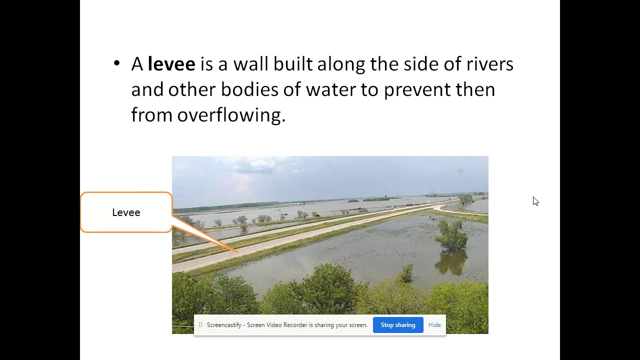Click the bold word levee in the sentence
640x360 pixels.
click(x=171, y=64)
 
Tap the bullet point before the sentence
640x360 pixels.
click(x=117, y=63)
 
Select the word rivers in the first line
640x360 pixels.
click(x=489, y=64)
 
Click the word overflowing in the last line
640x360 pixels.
click(x=231, y=115)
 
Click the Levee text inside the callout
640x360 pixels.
click(x=126, y=212)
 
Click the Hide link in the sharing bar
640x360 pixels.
click(x=434, y=325)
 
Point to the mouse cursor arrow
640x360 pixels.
click(x=535, y=201)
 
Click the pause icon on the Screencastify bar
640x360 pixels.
click(x=200, y=325)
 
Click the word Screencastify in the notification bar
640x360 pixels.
click(x=224, y=325)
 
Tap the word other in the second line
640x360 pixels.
click(x=192, y=90)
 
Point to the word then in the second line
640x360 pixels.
click(x=475, y=90)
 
